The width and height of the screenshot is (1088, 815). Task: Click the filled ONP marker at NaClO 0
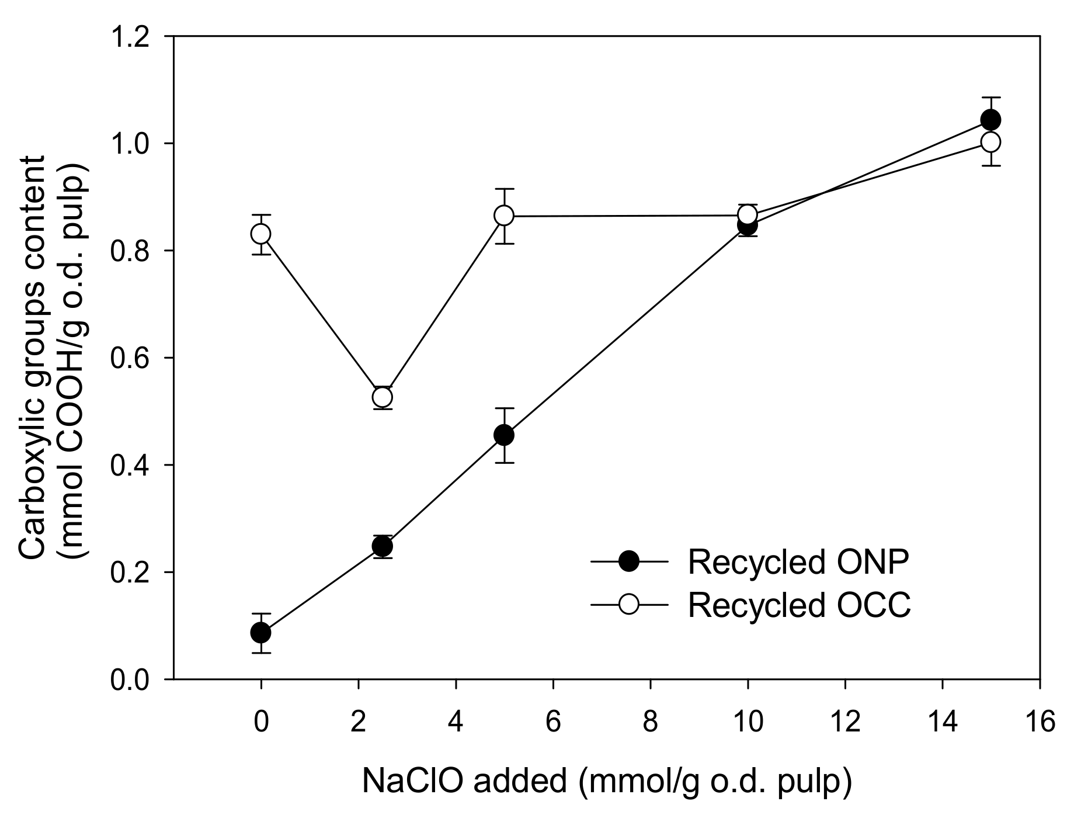pyautogui.click(x=260, y=632)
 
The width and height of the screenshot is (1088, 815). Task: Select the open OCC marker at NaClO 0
pyautogui.click(x=260, y=234)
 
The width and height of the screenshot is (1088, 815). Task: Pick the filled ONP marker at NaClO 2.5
pyautogui.click(x=382, y=547)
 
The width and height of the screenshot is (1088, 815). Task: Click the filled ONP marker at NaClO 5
pyautogui.click(x=504, y=435)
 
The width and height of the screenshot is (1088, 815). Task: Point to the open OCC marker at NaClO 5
pyautogui.click(x=504, y=216)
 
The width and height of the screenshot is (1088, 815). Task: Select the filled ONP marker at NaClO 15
pyautogui.click(x=990, y=120)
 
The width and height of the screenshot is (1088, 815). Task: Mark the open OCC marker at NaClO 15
pyautogui.click(x=990, y=142)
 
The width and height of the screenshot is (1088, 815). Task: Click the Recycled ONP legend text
pyautogui.click(x=798, y=562)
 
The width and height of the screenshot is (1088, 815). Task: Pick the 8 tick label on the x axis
pyautogui.click(x=650, y=722)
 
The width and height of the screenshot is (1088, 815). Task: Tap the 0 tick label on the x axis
pyautogui.click(x=260, y=722)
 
